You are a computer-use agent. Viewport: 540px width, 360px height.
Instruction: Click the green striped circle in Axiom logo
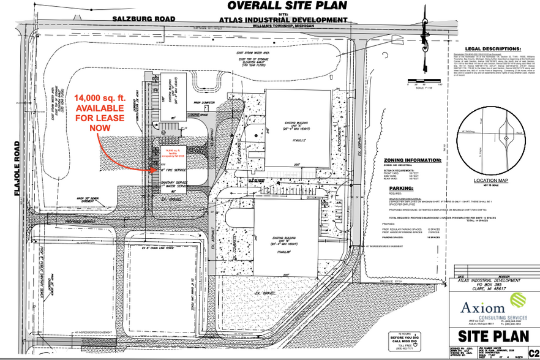point(519,301)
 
